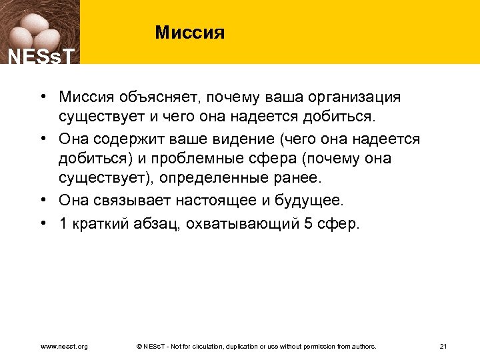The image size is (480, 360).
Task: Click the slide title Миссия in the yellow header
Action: coord(190,32)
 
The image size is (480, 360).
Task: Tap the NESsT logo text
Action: coord(39,56)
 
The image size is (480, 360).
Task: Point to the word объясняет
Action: coord(145,98)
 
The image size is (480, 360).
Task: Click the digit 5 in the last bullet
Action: coord(307,223)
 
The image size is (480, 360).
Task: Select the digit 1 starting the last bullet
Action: coord(63,223)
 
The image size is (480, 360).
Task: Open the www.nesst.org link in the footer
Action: coord(65,347)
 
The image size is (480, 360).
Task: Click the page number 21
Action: coord(443,347)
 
